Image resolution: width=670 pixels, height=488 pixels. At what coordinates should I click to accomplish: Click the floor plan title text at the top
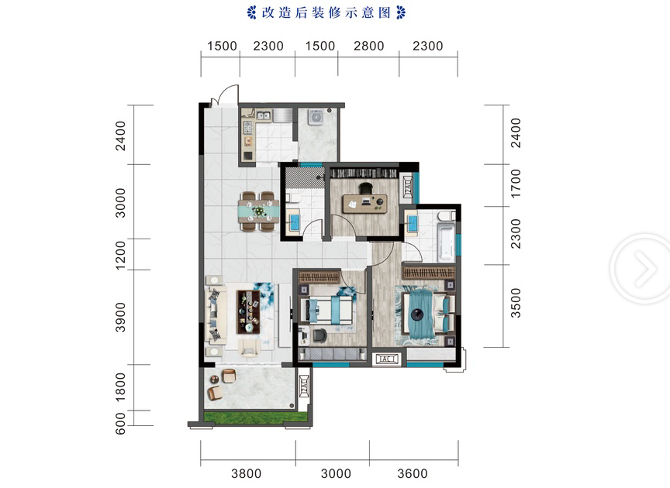(x=326, y=12)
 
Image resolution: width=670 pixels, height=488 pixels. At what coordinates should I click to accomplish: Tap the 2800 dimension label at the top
(x=369, y=46)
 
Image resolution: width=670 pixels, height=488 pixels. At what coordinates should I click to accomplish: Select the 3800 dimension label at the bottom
(x=246, y=473)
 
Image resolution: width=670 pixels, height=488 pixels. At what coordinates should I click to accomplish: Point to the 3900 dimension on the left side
(x=120, y=318)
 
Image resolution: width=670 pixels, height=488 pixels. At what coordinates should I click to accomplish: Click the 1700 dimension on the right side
(x=516, y=184)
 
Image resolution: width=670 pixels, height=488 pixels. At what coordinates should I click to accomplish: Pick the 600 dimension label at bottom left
(x=120, y=423)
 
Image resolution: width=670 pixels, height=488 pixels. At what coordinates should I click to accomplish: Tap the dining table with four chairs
(x=259, y=211)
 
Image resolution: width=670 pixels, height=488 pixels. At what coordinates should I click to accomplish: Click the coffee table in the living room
(x=248, y=312)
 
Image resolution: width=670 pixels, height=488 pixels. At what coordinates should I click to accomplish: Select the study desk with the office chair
(x=365, y=201)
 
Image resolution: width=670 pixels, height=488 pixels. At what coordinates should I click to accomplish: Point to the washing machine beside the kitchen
(x=316, y=117)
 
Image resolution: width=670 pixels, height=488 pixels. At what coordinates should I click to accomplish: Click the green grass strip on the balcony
(x=256, y=417)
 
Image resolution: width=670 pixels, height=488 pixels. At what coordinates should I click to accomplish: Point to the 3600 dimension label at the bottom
(x=413, y=473)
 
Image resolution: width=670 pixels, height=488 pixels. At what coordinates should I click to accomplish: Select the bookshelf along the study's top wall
(x=364, y=174)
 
